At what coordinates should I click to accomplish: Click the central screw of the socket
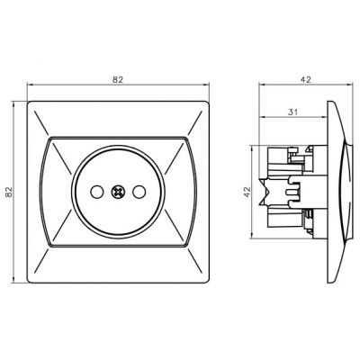[x=118, y=192]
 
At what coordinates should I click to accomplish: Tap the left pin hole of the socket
[x=96, y=192]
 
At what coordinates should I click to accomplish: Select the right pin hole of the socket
[x=139, y=192]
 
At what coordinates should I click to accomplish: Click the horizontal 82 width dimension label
[x=118, y=80]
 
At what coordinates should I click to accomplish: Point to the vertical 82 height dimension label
[x=9, y=192]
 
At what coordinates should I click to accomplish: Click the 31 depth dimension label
[x=292, y=112]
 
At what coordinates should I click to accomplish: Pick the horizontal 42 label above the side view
[x=306, y=79]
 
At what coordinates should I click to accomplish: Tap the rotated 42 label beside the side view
[x=247, y=192]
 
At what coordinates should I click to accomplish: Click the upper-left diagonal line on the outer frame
[x=41, y=122]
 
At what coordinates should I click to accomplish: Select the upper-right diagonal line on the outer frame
[x=194, y=122]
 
